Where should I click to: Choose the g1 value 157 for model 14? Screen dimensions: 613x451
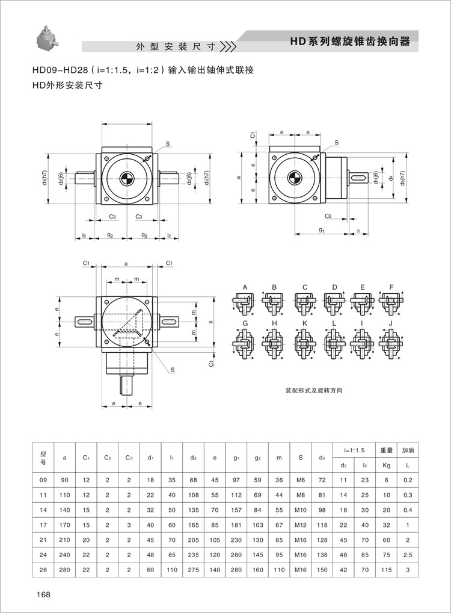236,510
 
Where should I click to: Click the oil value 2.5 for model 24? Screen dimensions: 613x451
408,553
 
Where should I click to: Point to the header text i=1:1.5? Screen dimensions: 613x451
355,450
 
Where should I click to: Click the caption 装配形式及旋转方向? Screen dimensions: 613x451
314,390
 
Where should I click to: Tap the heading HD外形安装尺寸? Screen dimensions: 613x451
67,85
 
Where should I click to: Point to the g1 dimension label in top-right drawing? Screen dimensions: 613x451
322,230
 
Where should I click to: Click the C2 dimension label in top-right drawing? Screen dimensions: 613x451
328,216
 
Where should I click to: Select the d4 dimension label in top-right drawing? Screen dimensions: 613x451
391,178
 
